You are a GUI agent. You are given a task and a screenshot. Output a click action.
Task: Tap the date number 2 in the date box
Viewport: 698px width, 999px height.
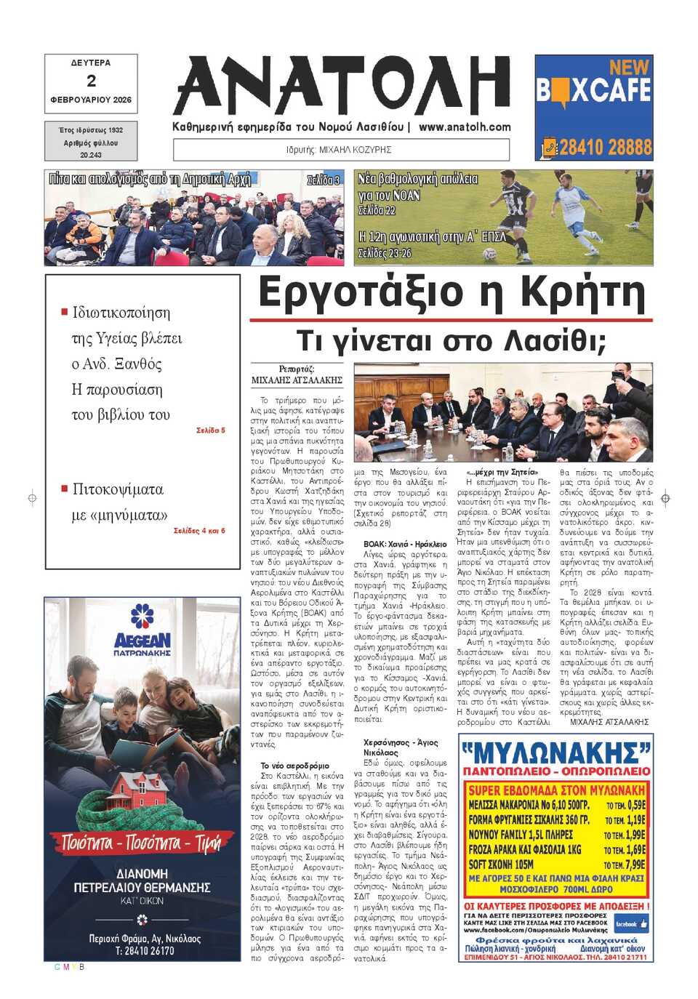point(91,81)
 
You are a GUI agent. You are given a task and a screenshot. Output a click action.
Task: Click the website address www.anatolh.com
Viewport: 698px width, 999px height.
point(465,127)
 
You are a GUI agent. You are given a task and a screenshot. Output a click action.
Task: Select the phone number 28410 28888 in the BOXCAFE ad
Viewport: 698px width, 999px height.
point(605,148)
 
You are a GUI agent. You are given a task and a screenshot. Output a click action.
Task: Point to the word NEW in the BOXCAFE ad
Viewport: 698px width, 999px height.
point(629,68)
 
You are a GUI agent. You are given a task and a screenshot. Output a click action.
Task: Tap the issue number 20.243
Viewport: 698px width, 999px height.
point(91,155)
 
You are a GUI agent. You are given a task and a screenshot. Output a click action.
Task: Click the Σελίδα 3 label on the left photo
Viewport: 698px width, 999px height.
point(323,180)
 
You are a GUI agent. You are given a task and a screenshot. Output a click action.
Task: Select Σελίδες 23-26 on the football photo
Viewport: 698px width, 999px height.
point(384,254)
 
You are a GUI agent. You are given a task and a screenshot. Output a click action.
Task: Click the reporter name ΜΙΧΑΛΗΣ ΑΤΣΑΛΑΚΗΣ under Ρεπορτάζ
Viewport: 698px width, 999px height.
point(297,380)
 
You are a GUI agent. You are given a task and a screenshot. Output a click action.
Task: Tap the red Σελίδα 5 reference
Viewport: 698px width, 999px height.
point(211,430)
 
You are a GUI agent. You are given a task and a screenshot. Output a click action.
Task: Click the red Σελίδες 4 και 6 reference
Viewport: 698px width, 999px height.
point(199,531)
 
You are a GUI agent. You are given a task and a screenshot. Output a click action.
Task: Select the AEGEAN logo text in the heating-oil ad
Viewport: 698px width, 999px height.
point(143,641)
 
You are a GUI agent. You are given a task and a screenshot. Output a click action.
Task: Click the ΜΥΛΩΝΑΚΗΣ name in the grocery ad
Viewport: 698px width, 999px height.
point(556,750)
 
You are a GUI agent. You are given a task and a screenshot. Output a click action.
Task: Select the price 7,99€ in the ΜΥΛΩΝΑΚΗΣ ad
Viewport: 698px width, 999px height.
point(635,865)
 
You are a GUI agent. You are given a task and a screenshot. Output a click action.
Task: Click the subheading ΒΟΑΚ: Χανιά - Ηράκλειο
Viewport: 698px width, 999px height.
point(405,544)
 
